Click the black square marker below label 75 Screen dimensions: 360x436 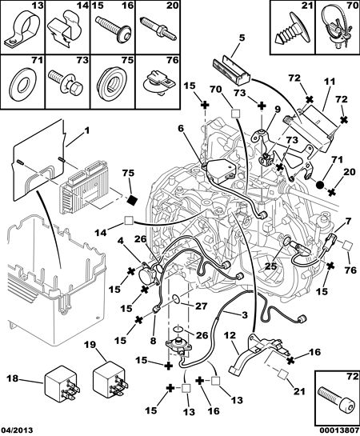tap(133, 200)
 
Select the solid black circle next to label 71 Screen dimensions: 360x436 tap(320, 185)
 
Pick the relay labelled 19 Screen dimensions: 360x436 tap(110, 378)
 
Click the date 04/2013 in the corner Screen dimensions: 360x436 tap(17, 430)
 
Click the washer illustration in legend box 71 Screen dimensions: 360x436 tap(22, 83)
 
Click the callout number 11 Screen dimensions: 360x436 tap(330, 82)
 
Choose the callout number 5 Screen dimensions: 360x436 tap(242, 38)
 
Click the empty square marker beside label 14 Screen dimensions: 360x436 tap(129, 221)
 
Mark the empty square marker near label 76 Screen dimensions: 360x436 tap(347, 246)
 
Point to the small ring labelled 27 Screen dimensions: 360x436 tap(176, 299)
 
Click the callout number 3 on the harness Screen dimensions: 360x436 tap(244, 315)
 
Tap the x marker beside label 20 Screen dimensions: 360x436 tap(331, 192)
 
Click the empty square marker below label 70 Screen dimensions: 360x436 tap(236, 114)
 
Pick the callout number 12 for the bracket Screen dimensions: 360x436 tap(230, 334)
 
